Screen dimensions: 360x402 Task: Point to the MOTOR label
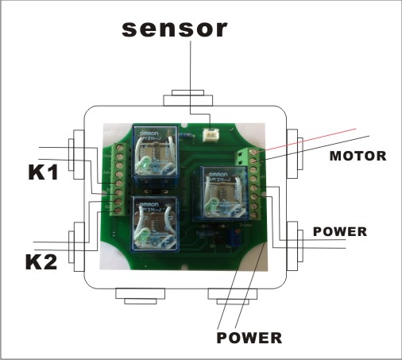click(358, 157)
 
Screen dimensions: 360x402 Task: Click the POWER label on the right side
click(340, 232)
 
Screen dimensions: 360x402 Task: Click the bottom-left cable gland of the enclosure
click(139, 295)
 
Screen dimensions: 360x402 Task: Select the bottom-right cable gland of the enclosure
click(230, 295)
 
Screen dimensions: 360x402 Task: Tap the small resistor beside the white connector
click(187, 136)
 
